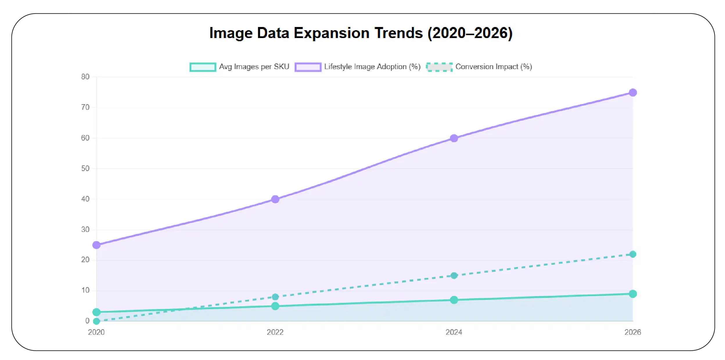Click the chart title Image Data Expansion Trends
361,33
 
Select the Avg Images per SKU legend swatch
203,67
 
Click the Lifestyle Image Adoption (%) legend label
372,67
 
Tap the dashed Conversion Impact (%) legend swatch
439,67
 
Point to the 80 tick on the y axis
85,77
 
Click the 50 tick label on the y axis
85,168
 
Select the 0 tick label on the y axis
87,321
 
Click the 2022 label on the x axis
275,332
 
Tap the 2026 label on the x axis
633,332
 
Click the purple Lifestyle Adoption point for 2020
96,245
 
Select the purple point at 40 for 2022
275,199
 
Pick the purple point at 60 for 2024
454,138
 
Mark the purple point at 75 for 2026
633,93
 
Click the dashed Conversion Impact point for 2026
633,254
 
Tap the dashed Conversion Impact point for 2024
454,276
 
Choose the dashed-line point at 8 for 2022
275,297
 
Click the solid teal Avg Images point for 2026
633,294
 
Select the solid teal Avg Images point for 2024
454,300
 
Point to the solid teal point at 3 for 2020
96,312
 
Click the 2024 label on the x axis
454,332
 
